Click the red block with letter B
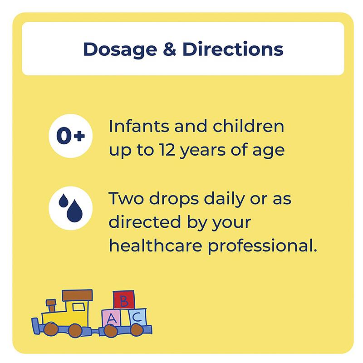[x=124, y=300]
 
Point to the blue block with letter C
[x=137, y=317]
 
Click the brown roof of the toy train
[x=77, y=295]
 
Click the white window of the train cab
[x=78, y=307]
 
